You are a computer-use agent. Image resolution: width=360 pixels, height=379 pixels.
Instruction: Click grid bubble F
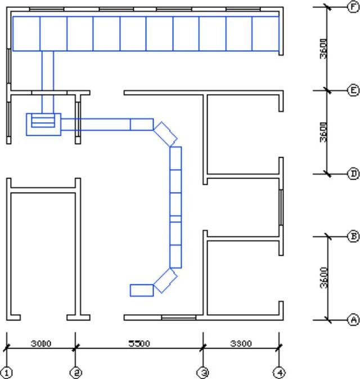(x=353, y=7)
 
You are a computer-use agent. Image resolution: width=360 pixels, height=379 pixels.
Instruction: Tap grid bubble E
(x=353, y=91)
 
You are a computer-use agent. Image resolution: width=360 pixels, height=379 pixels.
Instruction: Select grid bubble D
(x=353, y=174)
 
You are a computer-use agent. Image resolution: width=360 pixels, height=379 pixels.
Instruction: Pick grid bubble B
(x=353, y=237)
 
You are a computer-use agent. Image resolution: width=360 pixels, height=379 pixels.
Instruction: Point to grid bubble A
(x=353, y=320)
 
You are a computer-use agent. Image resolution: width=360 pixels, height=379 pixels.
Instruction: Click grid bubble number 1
(x=7, y=373)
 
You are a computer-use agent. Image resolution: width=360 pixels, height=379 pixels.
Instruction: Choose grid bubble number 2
(x=75, y=373)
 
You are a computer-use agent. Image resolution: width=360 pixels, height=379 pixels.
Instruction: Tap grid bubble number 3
(x=203, y=373)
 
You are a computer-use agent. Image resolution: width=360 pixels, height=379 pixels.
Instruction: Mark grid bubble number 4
(x=279, y=373)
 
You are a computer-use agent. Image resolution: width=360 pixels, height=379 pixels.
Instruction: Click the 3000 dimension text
(x=41, y=344)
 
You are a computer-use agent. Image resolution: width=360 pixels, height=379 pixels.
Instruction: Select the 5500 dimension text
(x=139, y=344)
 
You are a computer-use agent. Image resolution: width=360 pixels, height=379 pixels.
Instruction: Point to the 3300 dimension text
(x=241, y=344)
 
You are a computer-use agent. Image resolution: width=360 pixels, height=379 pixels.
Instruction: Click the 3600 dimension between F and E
(x=324, y=48)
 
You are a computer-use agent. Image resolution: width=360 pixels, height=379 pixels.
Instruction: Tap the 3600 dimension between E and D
(x=324, y=132)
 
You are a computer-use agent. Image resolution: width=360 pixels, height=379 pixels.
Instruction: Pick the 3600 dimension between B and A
(x=324, y=278)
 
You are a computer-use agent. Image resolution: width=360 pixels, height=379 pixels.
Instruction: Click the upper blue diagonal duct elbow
(x=165, y=134)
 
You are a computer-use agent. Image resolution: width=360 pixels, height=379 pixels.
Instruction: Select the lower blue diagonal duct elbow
(x=165, y=280)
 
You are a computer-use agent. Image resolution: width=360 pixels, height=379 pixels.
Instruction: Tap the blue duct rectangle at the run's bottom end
(x=142, y=290)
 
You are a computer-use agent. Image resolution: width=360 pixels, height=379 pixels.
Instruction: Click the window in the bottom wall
(x=179, y=318)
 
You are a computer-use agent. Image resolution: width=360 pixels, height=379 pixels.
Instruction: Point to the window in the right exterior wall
(x=281, y=208)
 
